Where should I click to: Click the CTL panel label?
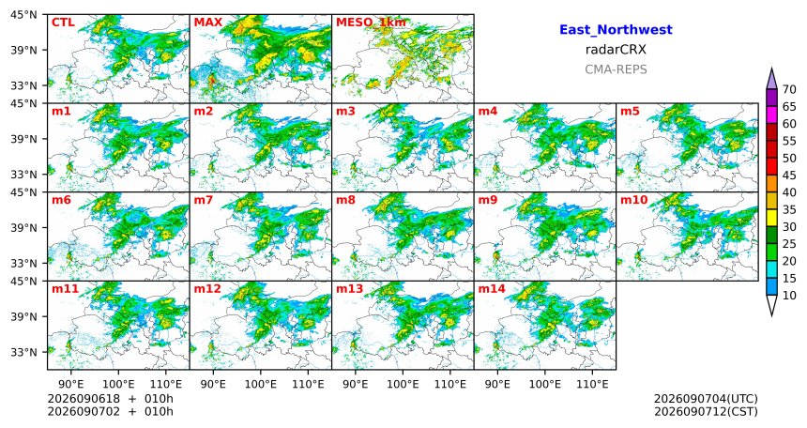(x=63, y=23)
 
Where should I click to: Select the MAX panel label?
(x=208, y=23)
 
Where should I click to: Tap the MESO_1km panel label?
(x=371, y=23)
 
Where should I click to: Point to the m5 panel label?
(x=630, y=111)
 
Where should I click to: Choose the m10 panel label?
(x=633, y=200)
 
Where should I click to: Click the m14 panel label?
(x=492, y=289)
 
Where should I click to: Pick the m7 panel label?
(x=204, y=200)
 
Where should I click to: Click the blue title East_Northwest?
(x=616, y=30)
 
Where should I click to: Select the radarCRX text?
(x=616, y=50)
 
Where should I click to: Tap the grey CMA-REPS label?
(x=616, y=69)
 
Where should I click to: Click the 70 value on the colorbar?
(x=789, y=89)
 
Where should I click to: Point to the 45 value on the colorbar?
(x=789, y=176)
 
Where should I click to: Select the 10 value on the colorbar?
(x=789, y=295)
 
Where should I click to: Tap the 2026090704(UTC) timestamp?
(x=706, y=399)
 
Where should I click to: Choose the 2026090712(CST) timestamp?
(x=706, y=411)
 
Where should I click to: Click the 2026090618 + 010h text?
(x=110, y=399)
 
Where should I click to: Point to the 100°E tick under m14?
(x=544, y=384)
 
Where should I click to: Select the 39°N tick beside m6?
(x=24, y=227)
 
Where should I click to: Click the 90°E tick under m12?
(x=213, y=384)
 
